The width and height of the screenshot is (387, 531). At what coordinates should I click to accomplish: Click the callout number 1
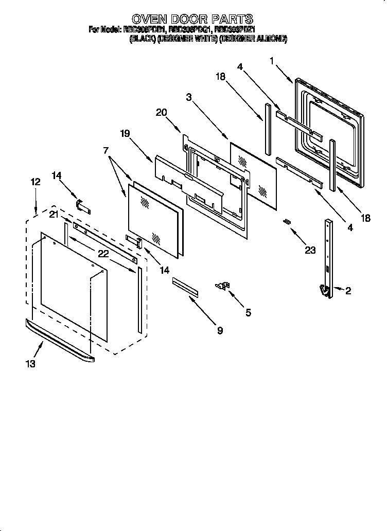coord(272,61)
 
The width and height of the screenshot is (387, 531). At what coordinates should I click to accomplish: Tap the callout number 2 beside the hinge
coord(348,291)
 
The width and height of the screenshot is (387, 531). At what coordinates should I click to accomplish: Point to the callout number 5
coord(248,312)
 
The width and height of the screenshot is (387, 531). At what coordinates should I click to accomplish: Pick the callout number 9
coord(220,331)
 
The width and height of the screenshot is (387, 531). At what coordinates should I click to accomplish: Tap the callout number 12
coord(35,182)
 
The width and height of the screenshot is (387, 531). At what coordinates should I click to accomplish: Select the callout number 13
coord(31,364)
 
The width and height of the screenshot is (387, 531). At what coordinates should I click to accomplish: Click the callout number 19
coord(126,133)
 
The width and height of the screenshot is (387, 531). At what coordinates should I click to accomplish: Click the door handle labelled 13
coord(59,339)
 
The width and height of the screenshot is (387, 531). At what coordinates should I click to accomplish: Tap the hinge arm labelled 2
coord(327,257)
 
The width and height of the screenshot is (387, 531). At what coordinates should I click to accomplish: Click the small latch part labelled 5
coord(223,286)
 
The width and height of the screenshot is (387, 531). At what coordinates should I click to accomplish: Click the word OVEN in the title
coord(153,19)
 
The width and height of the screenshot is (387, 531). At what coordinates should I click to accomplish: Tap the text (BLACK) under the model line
coord(143,39)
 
